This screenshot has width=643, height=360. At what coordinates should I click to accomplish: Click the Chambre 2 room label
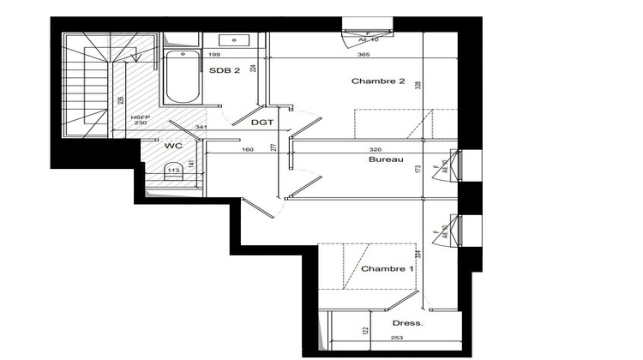(377, 81)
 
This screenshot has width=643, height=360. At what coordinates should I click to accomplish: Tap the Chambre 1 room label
(387, 269)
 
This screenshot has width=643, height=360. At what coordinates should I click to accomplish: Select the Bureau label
(386, 160)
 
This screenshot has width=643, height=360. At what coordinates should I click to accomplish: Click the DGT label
(261, 123)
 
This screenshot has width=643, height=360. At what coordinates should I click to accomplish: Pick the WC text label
(173, 147)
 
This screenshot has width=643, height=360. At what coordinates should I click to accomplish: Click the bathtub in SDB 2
(179, 77)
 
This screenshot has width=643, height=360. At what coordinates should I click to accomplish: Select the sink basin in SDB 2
(232, 39)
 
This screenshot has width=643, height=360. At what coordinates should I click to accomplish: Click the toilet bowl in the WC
(172, 177)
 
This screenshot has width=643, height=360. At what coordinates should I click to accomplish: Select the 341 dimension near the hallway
(200, 128)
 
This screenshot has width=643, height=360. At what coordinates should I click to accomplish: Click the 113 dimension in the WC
(172, 170)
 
